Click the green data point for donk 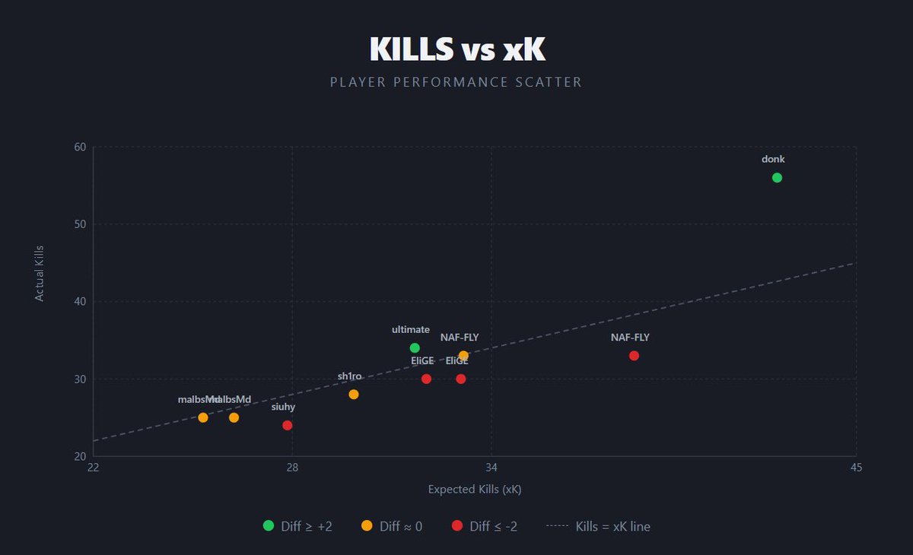777,178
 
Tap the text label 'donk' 773,160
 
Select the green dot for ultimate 415,348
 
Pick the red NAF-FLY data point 634,356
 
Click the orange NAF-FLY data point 463,356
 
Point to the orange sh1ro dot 354,395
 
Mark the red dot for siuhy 287,426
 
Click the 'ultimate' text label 411,330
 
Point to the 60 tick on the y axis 79,147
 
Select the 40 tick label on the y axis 79,302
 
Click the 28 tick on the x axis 292,467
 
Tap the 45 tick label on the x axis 856,467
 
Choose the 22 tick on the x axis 93,467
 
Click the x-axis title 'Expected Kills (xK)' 474,490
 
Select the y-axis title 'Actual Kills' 40,273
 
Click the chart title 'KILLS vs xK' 456,49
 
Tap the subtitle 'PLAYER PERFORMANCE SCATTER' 456,82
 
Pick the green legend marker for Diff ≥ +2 268,525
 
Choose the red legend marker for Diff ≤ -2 456,525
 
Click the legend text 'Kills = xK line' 612,526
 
